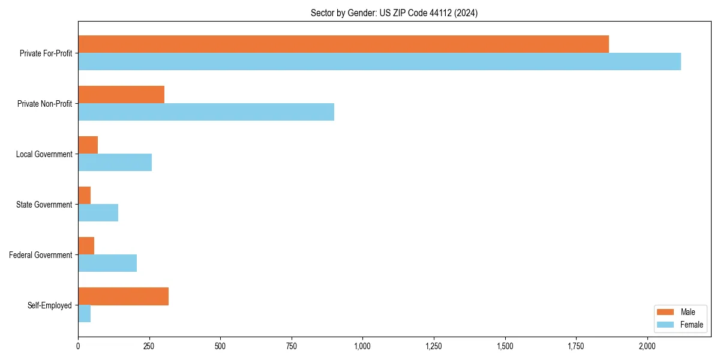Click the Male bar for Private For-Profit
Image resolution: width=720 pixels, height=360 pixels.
tap(343, 44)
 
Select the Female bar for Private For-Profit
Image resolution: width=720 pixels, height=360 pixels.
tap(379, 62)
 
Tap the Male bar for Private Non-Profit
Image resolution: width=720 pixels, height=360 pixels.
tap(121, 95)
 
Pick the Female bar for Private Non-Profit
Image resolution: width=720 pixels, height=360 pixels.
tap(206, 112)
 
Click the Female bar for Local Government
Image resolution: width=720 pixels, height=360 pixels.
tap(115, 163)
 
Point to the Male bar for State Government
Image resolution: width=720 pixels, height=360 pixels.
tap(84, 196)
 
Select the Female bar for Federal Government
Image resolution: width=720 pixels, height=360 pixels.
tap(107, 263)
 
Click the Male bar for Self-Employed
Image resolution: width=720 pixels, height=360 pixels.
tap(123, 296)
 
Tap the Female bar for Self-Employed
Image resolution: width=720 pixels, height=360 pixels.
tap(84, 314)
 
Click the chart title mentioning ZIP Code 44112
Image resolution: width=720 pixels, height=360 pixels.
tap(394, 13)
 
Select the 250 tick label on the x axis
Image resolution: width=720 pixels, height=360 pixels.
tap(149, 346)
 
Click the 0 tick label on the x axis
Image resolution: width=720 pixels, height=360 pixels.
tap(78, 346)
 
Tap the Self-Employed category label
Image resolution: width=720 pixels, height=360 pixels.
tap(49, 305)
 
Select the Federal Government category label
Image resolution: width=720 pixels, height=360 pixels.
tap(41, 255)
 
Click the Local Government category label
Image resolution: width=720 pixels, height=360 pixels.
tap(44, 154)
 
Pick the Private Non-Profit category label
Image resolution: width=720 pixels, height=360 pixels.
tap(44, 104)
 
